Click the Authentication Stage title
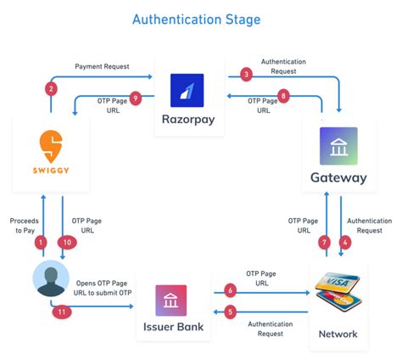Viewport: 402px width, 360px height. [x=201, y=18]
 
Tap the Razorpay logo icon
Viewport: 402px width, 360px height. [x=187, y=91]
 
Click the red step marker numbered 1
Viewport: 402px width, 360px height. [x=39, y=243]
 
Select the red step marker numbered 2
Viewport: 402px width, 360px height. [x=52, y=89]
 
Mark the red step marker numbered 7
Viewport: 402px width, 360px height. [x=323, y=243]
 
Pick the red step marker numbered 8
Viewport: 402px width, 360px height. [x=284, y=96]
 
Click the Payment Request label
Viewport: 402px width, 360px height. [x=102, y=65]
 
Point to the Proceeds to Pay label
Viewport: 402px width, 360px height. [x=24, y=225]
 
